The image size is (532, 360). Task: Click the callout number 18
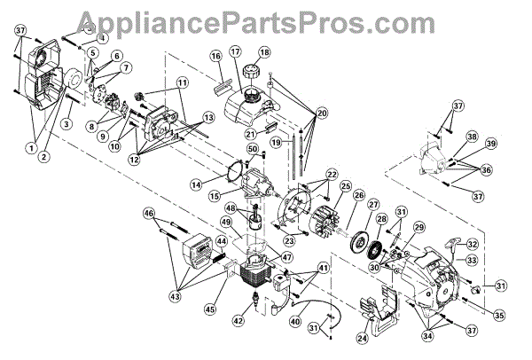263,52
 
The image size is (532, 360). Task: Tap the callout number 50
252,149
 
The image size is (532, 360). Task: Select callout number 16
215,56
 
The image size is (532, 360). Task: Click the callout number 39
490,144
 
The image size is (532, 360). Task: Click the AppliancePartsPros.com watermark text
266,19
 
